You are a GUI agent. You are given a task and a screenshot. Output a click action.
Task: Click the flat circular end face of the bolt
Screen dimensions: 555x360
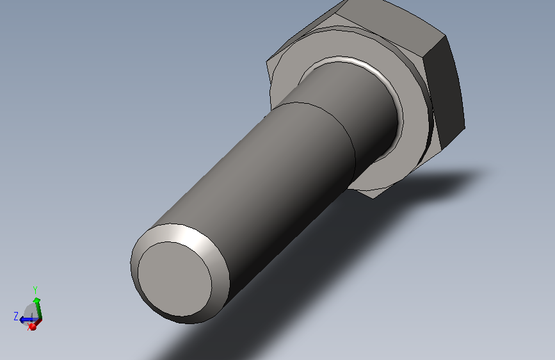pos(175,279)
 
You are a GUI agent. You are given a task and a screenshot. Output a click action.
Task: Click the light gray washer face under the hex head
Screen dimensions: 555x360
pos(414,117)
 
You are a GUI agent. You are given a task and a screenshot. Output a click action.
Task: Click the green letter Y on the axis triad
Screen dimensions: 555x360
pos(35,290)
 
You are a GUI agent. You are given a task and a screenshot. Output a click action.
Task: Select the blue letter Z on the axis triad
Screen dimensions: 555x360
pos(16,316)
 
